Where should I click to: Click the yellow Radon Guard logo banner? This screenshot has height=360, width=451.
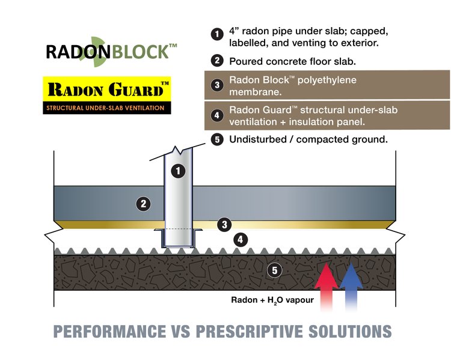107,90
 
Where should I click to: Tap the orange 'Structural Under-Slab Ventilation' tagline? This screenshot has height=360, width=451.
107,109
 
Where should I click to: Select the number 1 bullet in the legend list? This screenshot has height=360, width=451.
217,34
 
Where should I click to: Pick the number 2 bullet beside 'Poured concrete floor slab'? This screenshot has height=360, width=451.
217,61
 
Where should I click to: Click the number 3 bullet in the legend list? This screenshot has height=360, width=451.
217,85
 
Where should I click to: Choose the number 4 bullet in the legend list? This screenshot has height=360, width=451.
217,115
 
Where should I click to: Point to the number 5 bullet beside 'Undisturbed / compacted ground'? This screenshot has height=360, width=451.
217,139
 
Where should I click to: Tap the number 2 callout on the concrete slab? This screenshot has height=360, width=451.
143,204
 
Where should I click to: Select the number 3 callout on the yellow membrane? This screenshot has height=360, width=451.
224,225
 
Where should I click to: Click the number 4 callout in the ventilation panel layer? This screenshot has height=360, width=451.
241,240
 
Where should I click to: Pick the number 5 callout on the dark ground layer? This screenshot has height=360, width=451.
275,270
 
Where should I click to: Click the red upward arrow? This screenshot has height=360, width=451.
327,285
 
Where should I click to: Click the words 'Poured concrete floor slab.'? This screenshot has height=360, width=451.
293,61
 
